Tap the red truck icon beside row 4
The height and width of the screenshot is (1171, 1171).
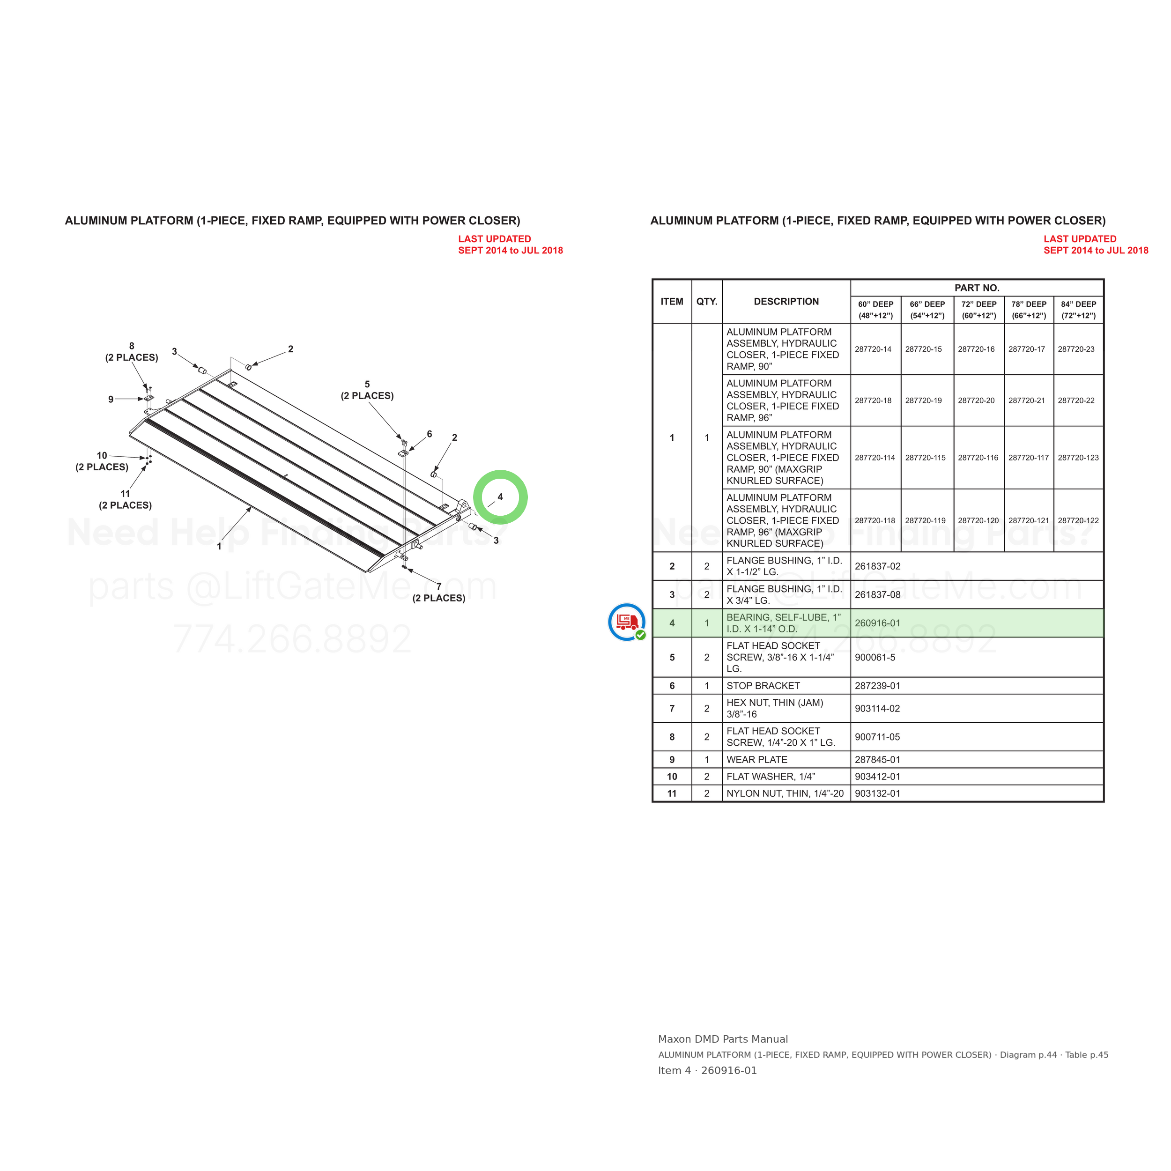pyautogui.click(x=627, y=621)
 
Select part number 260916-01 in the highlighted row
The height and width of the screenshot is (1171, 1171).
pyautogui.click(x=877, y=623)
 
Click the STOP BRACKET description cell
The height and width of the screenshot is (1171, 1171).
pyautogui.click(x=763, y=686)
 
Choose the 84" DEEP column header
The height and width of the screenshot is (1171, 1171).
pyautogui.click(x=1078, y=310)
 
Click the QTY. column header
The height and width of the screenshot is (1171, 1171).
pyautogui.click(x=707, y=301)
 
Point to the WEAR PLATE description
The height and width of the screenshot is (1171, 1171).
pyautogui.click(x=757, y=759)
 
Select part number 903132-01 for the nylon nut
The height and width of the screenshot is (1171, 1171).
pyautogui.click(x=877, y=793)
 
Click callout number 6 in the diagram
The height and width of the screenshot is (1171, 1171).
pyautogui.click(x=429, y=434)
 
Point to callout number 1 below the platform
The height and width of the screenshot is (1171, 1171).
pyautogui.click(x=219, y=546)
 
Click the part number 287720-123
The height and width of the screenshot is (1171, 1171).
pyautogui.click(x=1078, y=458)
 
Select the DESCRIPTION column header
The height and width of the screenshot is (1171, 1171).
pyautogui.click(x=786, y=301)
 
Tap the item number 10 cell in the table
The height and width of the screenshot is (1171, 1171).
pyautogui.click(x=672, y=777)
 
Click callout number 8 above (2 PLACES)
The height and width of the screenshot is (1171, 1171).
pyautogui.click(x=132, y=346)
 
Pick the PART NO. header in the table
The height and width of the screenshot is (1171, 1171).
pyautogui.click(x=977, y=288)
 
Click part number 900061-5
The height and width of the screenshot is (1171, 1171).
pyautogui.click(x=875, y=657)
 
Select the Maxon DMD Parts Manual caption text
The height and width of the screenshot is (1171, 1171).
pyautogui.click(x=723, y=1039)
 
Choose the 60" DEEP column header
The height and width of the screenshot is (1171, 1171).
pyautogui.click(x=875, y=310)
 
